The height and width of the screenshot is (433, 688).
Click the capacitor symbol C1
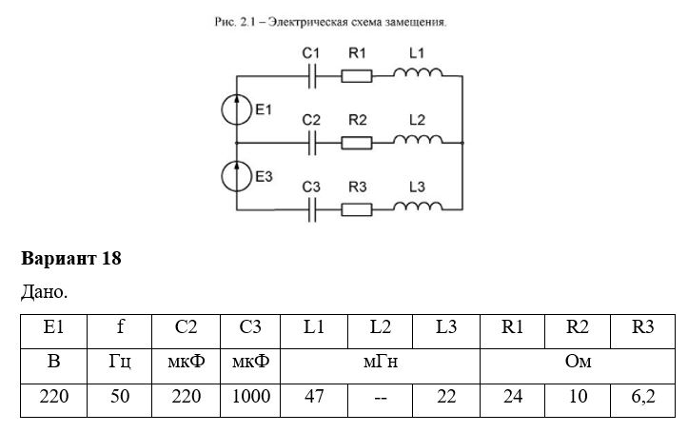(x=312, y=76)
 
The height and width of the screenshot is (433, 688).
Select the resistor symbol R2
(x=357, y=143)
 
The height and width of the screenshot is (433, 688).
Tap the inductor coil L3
(x=418, y=207)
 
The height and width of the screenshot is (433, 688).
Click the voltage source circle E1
(x=237, y=109)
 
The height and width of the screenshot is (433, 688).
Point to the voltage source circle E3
(x=237, y=176)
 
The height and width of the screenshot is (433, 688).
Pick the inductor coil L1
(x=418, y=72)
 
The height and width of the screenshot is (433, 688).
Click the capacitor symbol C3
(x=312, y=209)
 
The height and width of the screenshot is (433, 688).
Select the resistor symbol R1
(x=357, y=76)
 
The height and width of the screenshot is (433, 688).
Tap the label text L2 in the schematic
(x=417, y=120)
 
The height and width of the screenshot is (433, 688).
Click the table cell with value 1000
(x=250, y=397)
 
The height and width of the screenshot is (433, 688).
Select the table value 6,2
(x=643, y=397)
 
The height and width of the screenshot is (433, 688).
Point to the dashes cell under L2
(x=380, y=398)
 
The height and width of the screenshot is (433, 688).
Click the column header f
(x=120, y=326)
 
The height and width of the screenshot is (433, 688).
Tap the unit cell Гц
(x=120, y=363)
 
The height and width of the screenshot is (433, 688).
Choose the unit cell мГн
(x=381, y=362)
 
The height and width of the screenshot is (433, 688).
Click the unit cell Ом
(x=578, y=362)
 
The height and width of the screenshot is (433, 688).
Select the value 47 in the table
(x=314, y=397)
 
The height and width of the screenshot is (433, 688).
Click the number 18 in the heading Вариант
(x=111, y=259)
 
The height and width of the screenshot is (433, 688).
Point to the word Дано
(x=45, y=292)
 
